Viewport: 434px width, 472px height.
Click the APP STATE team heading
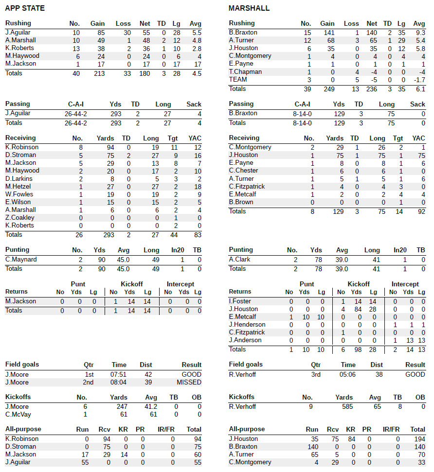25,8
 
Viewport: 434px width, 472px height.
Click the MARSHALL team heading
249,8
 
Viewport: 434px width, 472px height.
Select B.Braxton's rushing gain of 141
327,33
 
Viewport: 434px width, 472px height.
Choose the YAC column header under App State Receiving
194,138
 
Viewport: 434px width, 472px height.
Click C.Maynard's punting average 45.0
124,260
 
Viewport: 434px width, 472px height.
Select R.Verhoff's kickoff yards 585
347,406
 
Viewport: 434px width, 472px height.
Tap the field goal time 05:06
348,375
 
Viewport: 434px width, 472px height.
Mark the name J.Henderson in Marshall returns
247,325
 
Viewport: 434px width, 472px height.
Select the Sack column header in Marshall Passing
417,104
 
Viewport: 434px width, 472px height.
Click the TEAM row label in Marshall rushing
238,80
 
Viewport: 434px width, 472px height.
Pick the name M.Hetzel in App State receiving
18,187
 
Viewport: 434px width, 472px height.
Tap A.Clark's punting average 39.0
342,260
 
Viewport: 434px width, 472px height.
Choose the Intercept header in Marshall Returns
405,284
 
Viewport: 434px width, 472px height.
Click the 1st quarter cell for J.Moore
88,375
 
